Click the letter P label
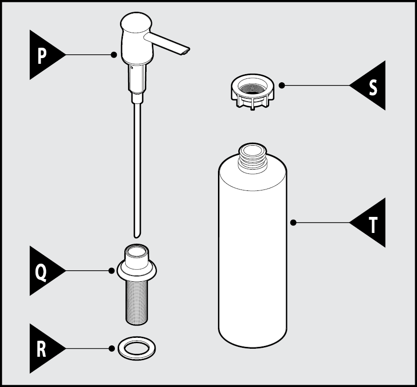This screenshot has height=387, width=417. tap(42, 55)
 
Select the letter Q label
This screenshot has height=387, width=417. tap(42, 271)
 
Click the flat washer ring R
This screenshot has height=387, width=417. tap(137, 348)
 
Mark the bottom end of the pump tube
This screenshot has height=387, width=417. tap(137, 233)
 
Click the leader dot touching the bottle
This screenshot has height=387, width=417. tap(293, 222)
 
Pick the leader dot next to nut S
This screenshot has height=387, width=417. tap(282, 86)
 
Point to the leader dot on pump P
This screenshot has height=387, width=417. tap(113, 55)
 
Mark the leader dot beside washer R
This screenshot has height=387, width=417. tap(112, 349)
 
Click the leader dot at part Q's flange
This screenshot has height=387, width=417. tap(112, 271)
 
